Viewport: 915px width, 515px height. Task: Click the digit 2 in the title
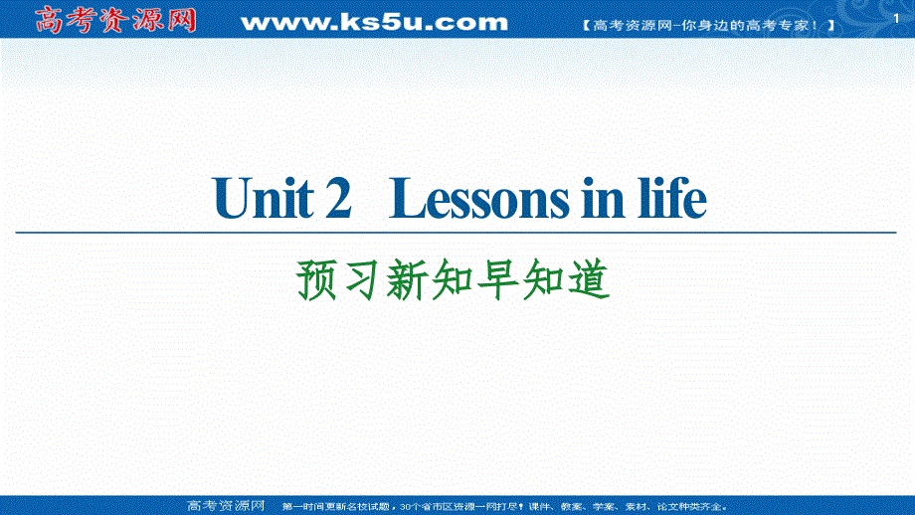pyautogui.click(x=338, y=200)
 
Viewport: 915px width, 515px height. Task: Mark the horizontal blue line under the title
pyautogui.click(x=457, y=233)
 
